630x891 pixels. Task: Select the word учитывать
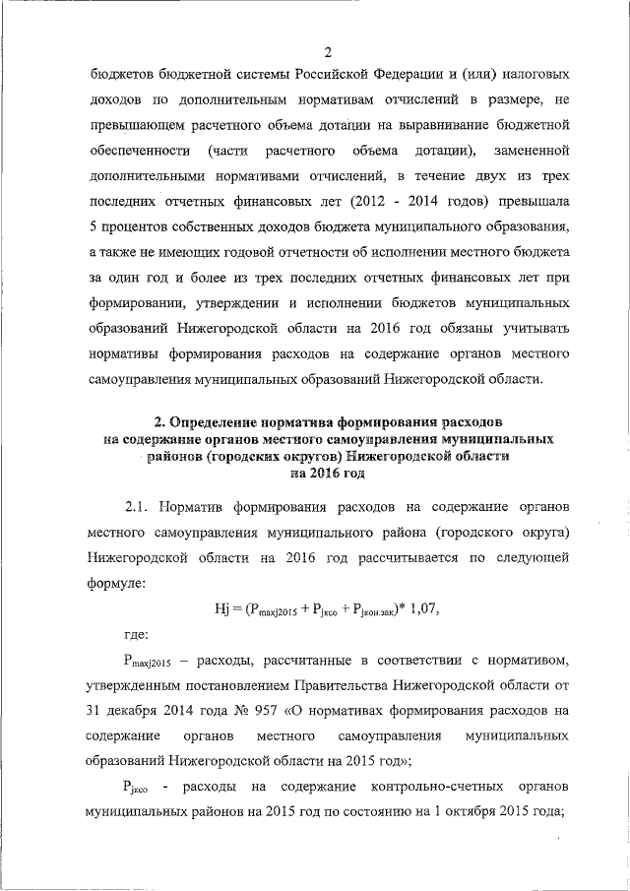pos(534,329)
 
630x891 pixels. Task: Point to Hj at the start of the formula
pos(222,608)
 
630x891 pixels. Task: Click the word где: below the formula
pos(136,634)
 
